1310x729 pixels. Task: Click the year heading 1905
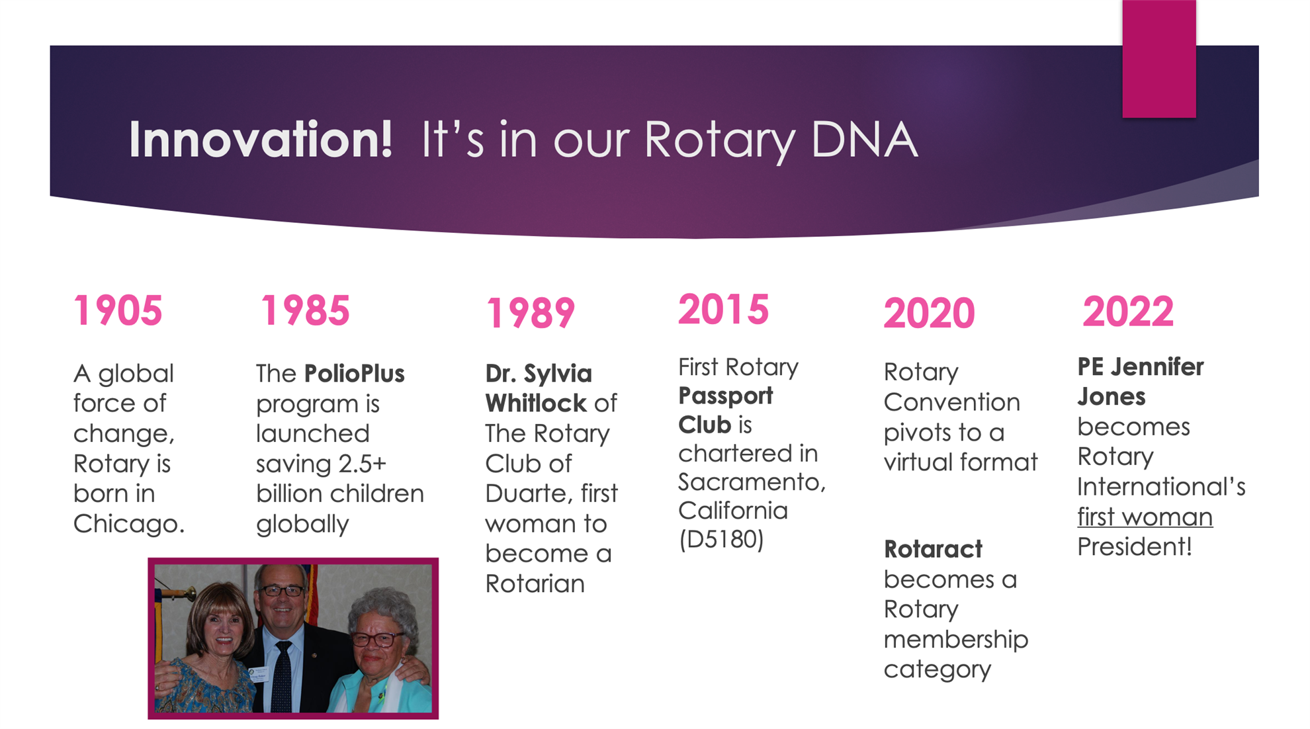118,310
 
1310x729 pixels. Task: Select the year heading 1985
305,310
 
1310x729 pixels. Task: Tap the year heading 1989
531,313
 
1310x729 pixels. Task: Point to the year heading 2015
724,309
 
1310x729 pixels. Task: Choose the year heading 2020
930,313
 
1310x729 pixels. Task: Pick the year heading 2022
1128,311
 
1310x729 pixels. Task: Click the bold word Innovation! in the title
261,140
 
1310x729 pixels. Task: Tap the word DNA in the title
864,140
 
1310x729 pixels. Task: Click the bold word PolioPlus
355,374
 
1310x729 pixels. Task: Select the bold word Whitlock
536,403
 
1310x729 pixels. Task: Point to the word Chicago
128,524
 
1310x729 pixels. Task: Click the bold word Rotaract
933,549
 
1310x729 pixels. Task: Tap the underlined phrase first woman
1145,517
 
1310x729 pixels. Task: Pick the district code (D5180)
721,539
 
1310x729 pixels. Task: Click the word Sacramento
752,482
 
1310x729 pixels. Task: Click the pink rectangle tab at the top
1159,59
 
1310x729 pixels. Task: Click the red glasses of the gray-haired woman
377,638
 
